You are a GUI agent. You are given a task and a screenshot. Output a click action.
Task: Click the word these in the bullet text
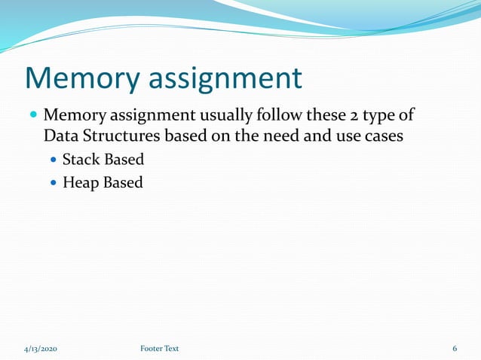pos(323,117)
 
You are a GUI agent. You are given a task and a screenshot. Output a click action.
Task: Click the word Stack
pos(81,160)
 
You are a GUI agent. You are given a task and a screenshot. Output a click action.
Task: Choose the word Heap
pos(80,182)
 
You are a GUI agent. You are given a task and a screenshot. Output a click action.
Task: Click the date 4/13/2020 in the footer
pos(41,348)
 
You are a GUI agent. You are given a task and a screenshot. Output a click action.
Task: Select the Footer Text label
pos(159,348)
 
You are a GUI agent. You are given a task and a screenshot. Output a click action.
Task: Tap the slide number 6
pos(455,348)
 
